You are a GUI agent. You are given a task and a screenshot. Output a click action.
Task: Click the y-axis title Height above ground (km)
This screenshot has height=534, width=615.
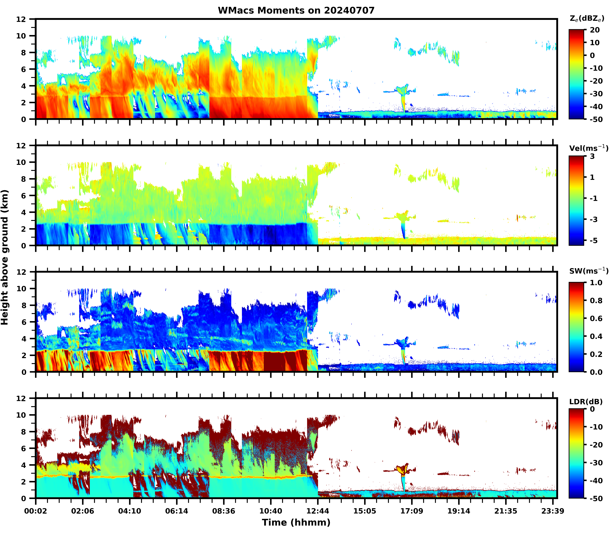[5, 257]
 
